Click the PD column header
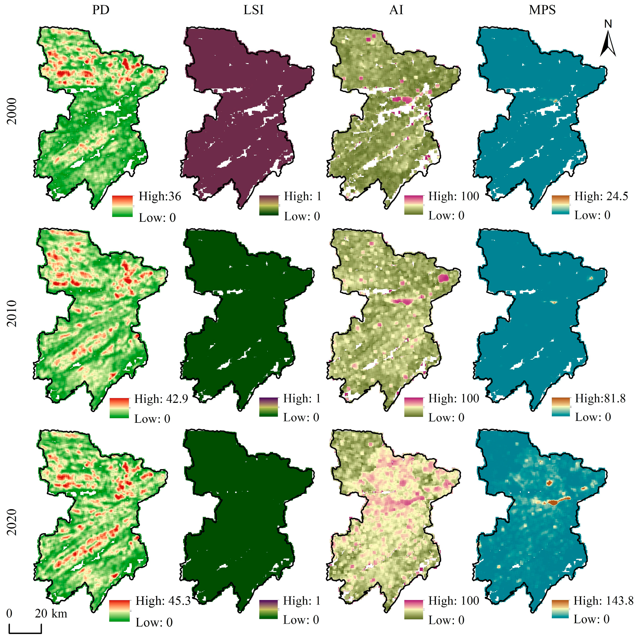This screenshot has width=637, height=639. coord(100,10)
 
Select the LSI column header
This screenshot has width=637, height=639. coord(253,10)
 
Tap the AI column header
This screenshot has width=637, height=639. coord(396,10)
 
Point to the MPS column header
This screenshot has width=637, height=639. coord(542,10)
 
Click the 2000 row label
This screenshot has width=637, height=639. coord(12,111)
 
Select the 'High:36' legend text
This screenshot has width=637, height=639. coord(160,196)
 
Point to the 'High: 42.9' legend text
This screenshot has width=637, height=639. coord(161,399)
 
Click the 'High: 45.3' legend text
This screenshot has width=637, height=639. coord(163,601)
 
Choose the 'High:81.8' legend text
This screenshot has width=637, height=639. coord(600,399)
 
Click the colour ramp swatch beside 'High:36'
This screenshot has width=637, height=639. coord(122,206)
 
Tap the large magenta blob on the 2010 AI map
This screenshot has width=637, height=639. coord(443,278)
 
